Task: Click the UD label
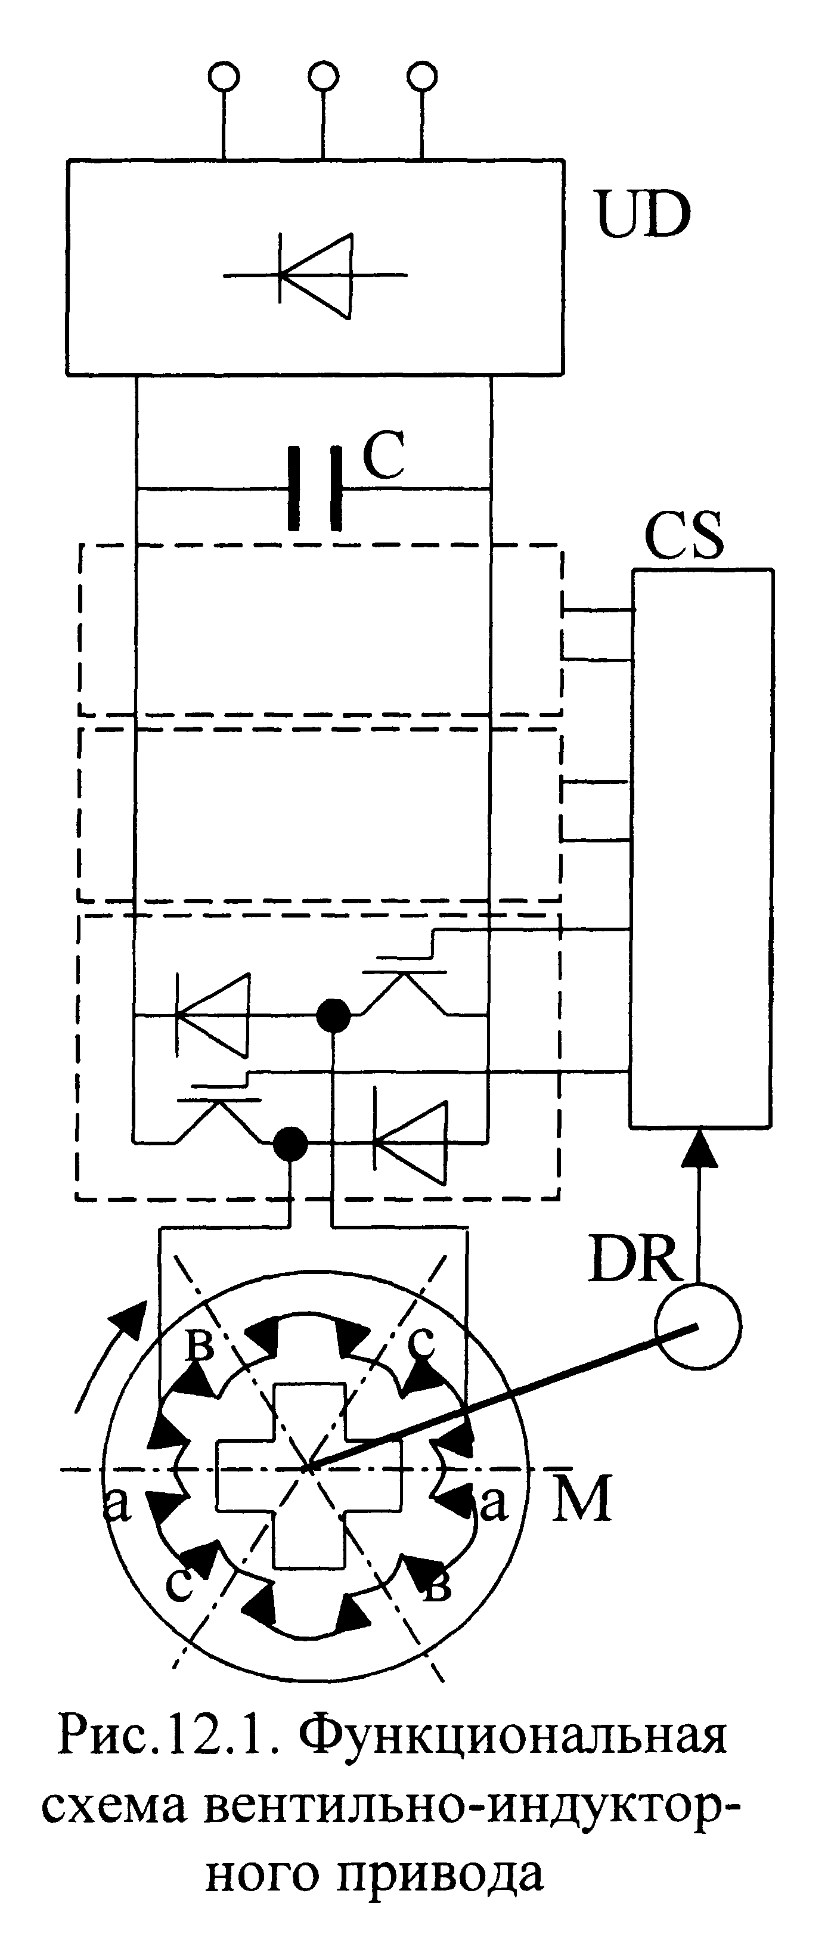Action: point(643,215)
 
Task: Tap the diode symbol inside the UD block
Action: point(316,275)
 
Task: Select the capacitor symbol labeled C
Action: point(315,489)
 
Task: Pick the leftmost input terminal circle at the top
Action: point(224,76)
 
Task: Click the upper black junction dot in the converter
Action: point(333,1015)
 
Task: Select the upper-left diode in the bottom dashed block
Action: point(212,1015)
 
